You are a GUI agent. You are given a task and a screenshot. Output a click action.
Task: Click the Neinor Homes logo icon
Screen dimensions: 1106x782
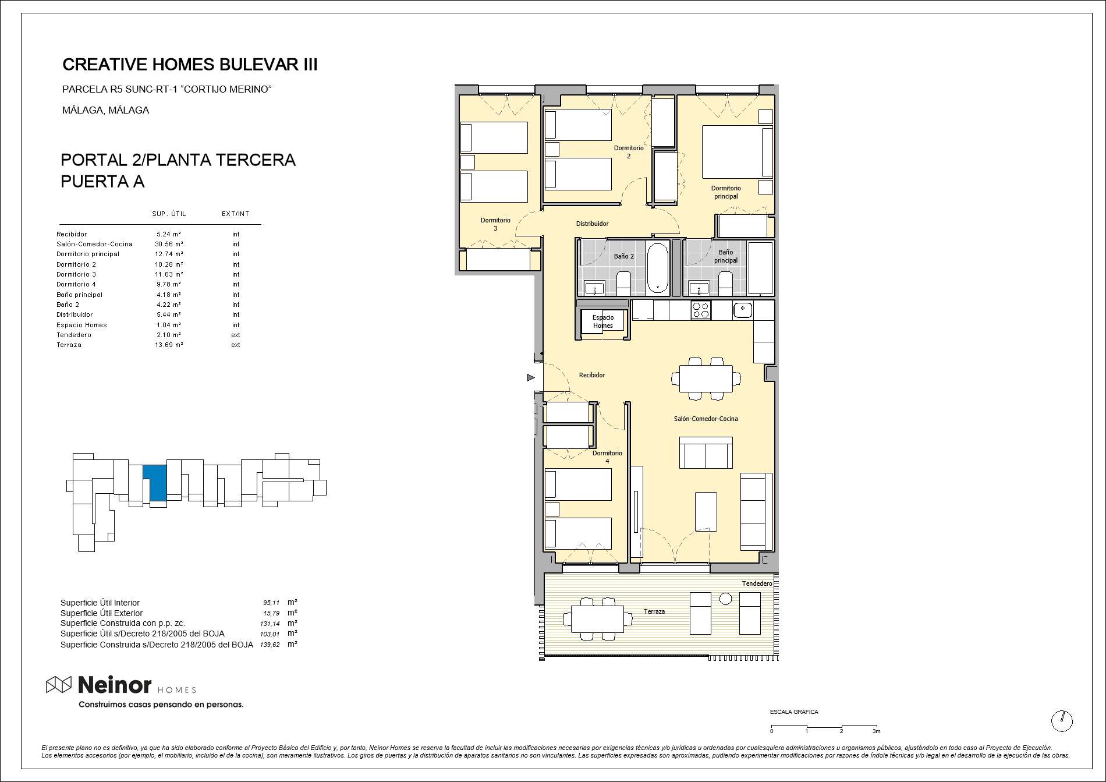(59, 685)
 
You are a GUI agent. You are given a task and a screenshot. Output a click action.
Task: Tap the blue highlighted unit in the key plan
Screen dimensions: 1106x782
(156, 482)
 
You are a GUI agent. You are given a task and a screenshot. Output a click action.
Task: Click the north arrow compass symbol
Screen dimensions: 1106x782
(1062, 721)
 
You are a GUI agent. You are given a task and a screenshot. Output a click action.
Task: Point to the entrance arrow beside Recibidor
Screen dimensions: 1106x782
(531, 378)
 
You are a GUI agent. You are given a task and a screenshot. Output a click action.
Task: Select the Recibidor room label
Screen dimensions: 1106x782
(592, 375)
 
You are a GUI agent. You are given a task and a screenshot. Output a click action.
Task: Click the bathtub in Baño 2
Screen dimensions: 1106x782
(658, 268)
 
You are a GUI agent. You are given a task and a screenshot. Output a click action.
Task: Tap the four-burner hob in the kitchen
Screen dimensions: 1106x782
(701, 310)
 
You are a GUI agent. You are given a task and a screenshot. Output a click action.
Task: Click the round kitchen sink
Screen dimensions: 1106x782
(743, 309)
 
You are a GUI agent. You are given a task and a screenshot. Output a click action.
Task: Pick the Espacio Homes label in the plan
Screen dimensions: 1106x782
(603, 321)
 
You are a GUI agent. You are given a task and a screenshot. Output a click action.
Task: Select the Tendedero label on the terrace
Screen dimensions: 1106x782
(757, 583)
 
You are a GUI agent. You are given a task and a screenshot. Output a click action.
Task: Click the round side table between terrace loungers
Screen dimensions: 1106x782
(725, 598)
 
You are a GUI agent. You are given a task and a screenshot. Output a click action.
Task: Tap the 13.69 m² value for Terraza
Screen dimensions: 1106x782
(169, 345)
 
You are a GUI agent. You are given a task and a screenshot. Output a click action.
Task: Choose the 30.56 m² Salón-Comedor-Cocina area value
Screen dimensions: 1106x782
(169, 244)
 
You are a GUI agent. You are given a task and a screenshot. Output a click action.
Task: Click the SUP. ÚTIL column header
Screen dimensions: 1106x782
(169, 214)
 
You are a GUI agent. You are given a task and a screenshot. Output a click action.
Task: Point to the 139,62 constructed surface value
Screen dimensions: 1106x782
(270, 645)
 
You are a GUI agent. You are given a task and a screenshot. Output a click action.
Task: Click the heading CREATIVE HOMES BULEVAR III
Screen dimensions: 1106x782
(190, 65)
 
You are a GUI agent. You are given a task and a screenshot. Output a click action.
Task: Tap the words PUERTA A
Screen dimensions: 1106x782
(102, 182)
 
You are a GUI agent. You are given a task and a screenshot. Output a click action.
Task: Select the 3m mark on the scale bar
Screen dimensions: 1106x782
(876, 731)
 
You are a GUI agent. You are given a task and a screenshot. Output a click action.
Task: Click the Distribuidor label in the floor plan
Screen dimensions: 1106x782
(592, 224)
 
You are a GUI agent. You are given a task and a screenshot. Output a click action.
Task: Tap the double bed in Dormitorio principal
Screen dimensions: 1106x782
(737, 152)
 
